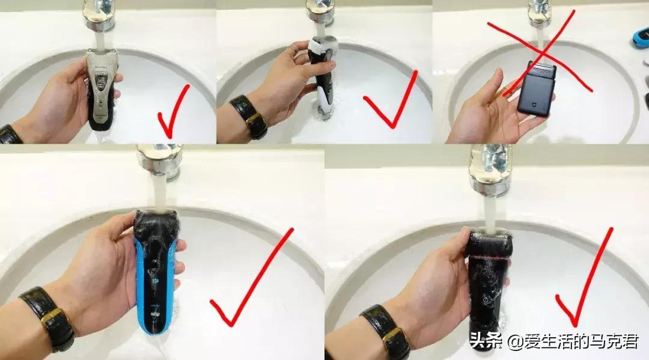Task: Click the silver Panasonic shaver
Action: coord(100,90)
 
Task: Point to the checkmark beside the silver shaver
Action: coord(172,111)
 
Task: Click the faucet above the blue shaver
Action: coord(159,161)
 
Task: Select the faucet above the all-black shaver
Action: coord(490,168)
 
